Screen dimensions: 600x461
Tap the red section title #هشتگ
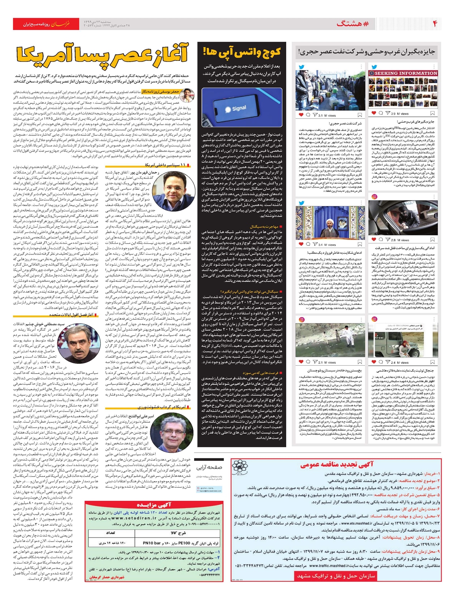(353, 24)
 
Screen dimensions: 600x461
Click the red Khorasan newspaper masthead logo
(61, 24)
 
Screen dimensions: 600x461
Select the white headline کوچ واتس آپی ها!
(242, 52)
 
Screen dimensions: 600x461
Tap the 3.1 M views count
(327, 115)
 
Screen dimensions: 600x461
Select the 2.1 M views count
(327, 362)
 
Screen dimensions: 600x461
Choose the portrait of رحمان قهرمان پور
(175, 189)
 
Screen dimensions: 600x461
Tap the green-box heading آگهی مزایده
(154, 504)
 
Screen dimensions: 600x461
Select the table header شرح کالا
(180, 533)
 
